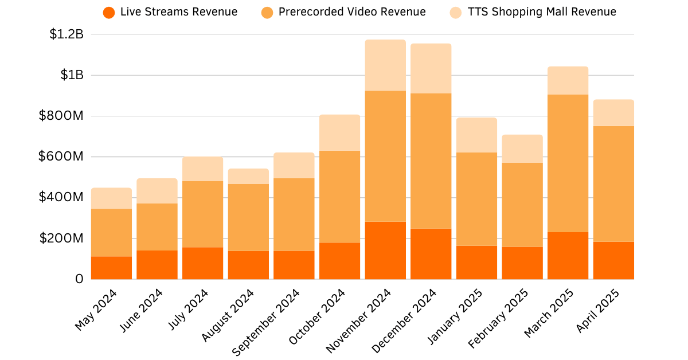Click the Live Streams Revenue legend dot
(x=109, y=12)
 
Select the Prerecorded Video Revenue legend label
(x=352, y=12)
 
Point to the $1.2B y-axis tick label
(x=67, y=34)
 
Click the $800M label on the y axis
(x=61, y=116)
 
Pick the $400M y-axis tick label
(x=61, y=198)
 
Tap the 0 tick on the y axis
(x=79, y=279)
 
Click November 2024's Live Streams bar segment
(x=385, y=251)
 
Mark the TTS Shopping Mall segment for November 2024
(x=385, y=65)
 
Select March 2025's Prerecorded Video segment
(x=568, y=163)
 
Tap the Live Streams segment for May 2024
(x=111, y=268)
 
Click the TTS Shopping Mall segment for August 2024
(x=248, y=177)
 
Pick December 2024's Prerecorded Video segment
(x=431, y=161)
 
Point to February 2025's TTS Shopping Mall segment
(x=522, y=149)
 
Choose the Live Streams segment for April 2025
(x=613, y=261)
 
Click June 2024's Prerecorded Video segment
(x=157, y=227)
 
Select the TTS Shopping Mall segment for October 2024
(x=339, y=133)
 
